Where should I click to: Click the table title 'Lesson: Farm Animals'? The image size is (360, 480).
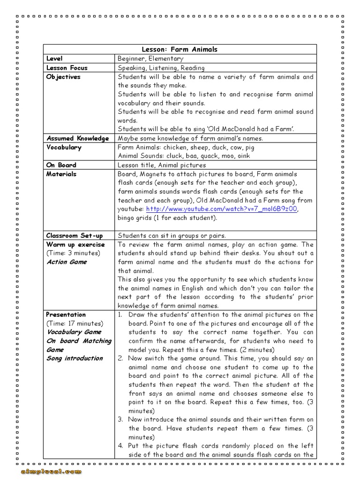[x=180, y=49]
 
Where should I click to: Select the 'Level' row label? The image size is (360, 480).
[x=54, y=59]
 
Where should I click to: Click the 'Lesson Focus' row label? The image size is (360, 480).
[x=67, y=67]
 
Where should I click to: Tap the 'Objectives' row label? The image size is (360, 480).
[x=63, y=76]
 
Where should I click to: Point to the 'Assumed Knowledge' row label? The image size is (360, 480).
[x=77, y=138]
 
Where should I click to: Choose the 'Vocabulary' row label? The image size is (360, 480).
[x=64, y=147]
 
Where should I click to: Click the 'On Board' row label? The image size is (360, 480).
[x=61, y=165]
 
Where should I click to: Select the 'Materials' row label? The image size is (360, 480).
[x=61, y=174]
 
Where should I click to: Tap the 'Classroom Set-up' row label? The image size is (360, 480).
[x=74, y=235]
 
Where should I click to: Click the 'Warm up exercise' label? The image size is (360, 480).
[x=75, y=244]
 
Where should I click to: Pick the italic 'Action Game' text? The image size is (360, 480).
[x=67, y=262]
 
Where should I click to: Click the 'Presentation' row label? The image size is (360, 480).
[x=66, y=315]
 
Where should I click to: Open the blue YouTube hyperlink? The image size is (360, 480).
[x=222, y=209]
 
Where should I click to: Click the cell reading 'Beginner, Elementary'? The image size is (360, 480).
[x=150, y=59]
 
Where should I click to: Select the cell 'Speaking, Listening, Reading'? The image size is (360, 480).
[x=161, y=67]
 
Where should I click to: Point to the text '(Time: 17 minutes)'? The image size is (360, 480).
[x=75, y=323]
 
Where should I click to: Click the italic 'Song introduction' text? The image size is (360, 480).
[x=75, y=359]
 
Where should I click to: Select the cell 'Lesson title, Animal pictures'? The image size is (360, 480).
[x=162, y=165]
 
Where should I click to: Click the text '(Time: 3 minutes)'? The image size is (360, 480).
[x=73, y=253]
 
